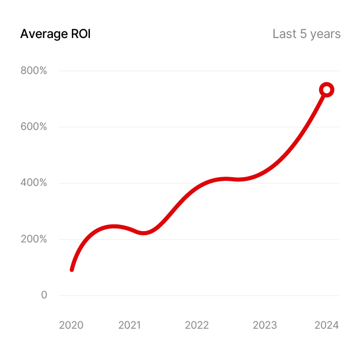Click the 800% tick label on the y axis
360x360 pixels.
point(33,71)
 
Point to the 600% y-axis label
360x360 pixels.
point(33,127)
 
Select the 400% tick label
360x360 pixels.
point(33,183)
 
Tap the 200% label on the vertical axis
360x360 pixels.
point(33,239)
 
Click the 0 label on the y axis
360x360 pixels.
point(44,295)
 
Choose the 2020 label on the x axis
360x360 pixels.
point(71,326)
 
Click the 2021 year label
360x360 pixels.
point(130,326)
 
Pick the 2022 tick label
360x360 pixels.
point(197,326)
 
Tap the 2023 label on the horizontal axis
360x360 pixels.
point(265,326)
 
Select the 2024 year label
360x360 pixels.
point(327,326)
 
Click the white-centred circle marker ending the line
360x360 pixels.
point(327,90)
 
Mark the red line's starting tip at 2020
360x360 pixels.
point(72,269)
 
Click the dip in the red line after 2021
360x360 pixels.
point(145,233)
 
